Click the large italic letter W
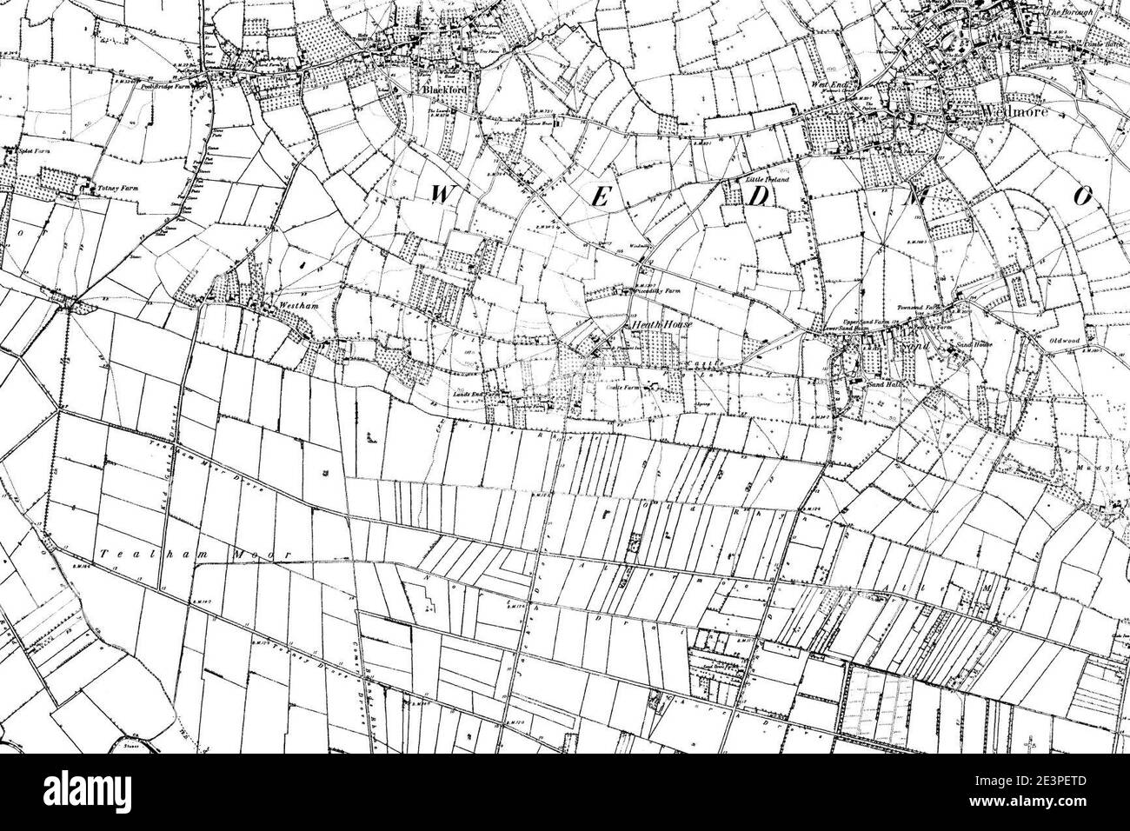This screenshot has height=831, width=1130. (441, 196)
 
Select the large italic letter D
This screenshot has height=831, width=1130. (758, 198)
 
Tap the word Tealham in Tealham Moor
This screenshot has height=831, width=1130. (128, 553)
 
